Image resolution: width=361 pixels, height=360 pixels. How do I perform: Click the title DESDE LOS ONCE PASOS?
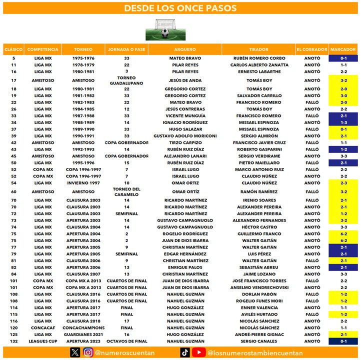coord(180,8)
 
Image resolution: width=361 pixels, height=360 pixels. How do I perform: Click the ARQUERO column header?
coord(184,49)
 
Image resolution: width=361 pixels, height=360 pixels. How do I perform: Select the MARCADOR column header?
coord(343,49)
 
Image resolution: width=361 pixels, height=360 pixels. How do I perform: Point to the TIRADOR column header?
coord(258,49)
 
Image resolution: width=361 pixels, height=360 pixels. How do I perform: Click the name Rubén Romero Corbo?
coord(259,58)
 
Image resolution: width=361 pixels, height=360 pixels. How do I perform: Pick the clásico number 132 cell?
coord(13,341)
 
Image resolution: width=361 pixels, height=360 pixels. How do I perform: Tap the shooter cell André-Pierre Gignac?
coord(259,334)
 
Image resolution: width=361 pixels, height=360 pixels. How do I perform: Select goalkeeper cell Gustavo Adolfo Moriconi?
coord(184,136)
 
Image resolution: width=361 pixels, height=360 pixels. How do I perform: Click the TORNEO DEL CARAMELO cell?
coord(126,191)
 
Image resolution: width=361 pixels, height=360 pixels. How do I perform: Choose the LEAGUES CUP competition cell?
coord(43,341)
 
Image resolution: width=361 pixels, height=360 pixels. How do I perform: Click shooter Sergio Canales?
coord(259,341)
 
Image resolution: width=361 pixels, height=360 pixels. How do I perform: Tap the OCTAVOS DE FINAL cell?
coord(126,341)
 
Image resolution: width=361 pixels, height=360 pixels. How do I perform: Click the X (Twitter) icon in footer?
coord(75,352)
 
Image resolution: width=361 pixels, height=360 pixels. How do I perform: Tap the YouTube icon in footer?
coord(198,352)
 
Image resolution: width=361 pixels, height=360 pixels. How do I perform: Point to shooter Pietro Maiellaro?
coord(259,162)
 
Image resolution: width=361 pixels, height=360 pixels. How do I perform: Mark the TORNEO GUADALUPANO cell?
coord(126,80)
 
